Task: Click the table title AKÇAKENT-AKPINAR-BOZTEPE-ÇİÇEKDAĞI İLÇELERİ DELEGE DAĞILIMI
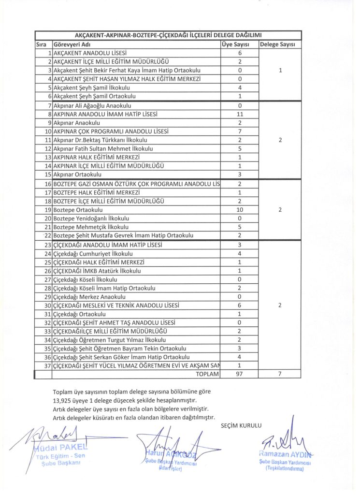168,35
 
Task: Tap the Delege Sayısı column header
280,44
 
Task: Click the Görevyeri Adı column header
73,44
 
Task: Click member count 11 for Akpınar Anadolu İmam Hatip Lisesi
240,114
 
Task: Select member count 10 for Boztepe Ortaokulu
240,210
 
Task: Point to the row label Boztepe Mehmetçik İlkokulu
91,227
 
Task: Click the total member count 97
240,374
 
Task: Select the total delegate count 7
280,374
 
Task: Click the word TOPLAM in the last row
207,374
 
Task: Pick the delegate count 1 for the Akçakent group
280,71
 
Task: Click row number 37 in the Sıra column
47,365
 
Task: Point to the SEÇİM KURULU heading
241,425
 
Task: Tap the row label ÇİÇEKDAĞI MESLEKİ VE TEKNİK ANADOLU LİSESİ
116,306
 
